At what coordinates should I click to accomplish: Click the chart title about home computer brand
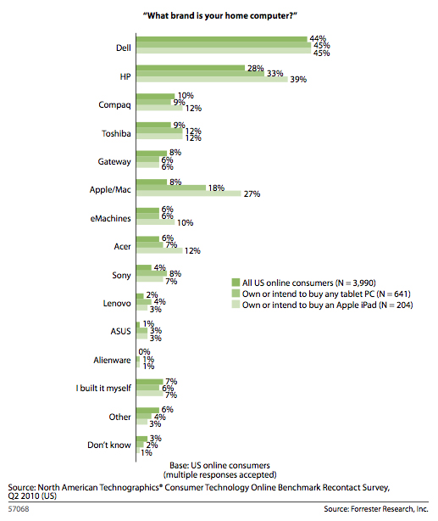point(219,15)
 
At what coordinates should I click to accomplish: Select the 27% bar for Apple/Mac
point(188,193)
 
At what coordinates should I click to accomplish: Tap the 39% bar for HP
point(212,80)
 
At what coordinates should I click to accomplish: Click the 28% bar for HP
point(191,68)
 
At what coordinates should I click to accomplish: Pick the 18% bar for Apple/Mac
point(171,188)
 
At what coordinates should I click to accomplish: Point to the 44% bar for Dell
point(222,40)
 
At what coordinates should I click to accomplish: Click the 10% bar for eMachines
point(156,222)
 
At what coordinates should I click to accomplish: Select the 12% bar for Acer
point(159,250)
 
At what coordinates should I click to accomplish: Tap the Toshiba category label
point(116,133)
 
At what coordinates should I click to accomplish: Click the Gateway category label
point(114,162)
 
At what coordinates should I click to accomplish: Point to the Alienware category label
point(112,360)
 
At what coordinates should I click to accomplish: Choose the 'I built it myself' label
point(103,388)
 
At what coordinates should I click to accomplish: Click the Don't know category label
point(108,445)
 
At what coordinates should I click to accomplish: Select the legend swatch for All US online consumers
point(236,283)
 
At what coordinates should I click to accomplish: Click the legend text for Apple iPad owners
point(328,305)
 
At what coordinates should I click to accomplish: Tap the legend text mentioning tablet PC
point(326,294)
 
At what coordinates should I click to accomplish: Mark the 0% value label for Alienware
point(144,351)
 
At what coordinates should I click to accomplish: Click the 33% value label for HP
point(275,74)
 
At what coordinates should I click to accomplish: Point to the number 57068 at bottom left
point(19,509)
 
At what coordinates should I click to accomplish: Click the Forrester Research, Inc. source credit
point(376,509)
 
